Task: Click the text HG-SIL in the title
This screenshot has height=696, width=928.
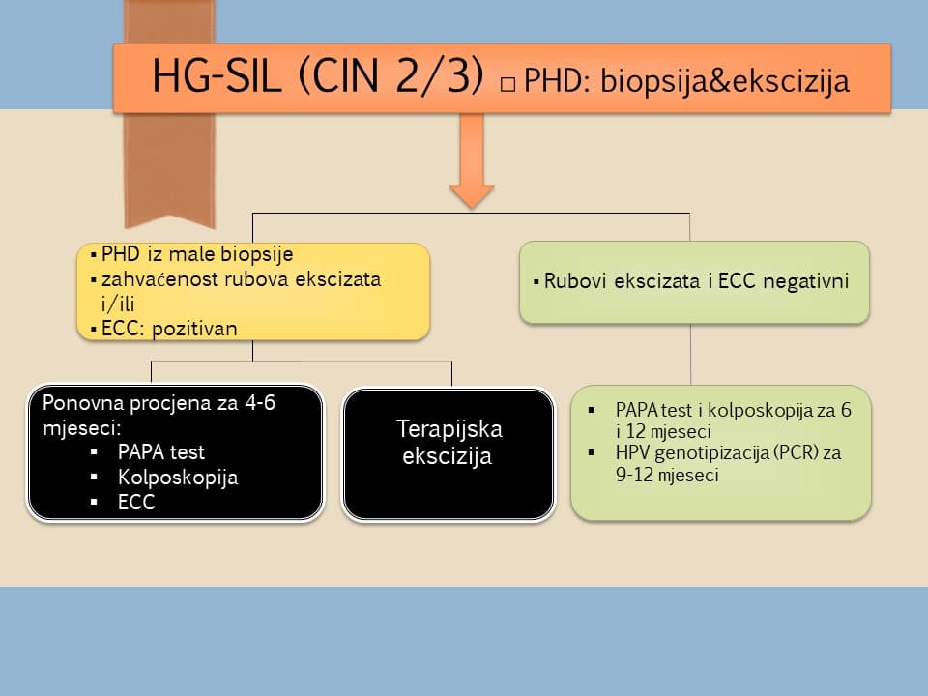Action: [219, 77]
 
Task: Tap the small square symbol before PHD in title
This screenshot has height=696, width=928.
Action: [507, 85]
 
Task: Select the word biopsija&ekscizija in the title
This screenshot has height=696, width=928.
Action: [724, 82]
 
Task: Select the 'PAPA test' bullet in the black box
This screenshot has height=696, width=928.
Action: [160, 451]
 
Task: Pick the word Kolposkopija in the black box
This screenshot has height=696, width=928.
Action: [178, 478]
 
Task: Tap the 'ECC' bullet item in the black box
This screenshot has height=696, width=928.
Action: [136, 503]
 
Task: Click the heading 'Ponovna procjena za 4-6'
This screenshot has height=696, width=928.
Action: [154, 403]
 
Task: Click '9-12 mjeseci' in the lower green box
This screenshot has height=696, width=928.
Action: [667, 476]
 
